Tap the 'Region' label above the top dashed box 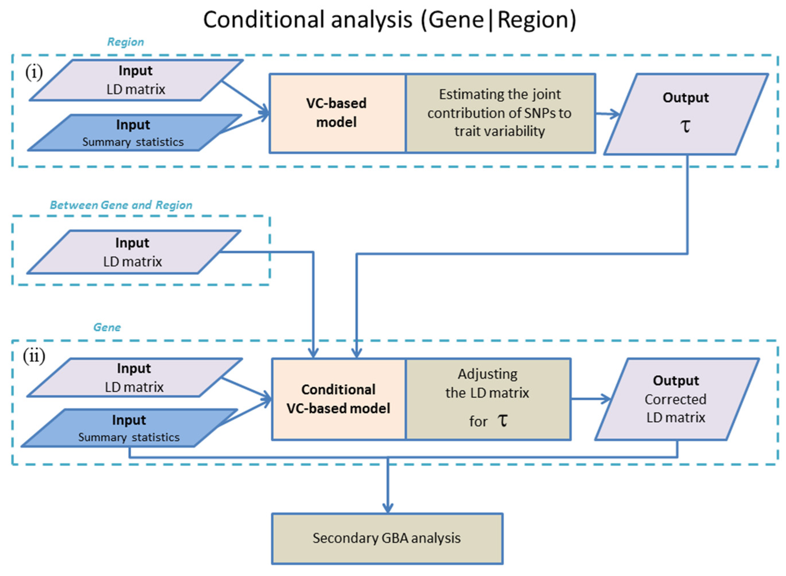[125, 42]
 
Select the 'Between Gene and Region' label [121, 205]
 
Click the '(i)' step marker [34, 72]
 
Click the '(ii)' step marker [34, 356]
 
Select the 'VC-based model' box [336, 113]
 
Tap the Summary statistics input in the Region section [133, 133]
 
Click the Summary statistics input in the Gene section [129, 428]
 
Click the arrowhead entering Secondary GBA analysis [387, 508]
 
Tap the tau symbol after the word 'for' [502, 421]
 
